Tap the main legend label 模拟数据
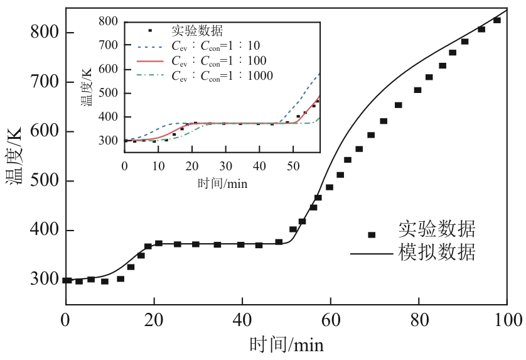coord(436,253)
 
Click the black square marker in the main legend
coord(372,235)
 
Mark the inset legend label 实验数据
coord(198,31)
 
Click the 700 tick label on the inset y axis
coord(109,45)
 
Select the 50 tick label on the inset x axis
coord(293,166)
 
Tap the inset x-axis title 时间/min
coord(222,184)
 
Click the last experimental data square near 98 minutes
coord(497,21)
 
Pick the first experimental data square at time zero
coord(67,280)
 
